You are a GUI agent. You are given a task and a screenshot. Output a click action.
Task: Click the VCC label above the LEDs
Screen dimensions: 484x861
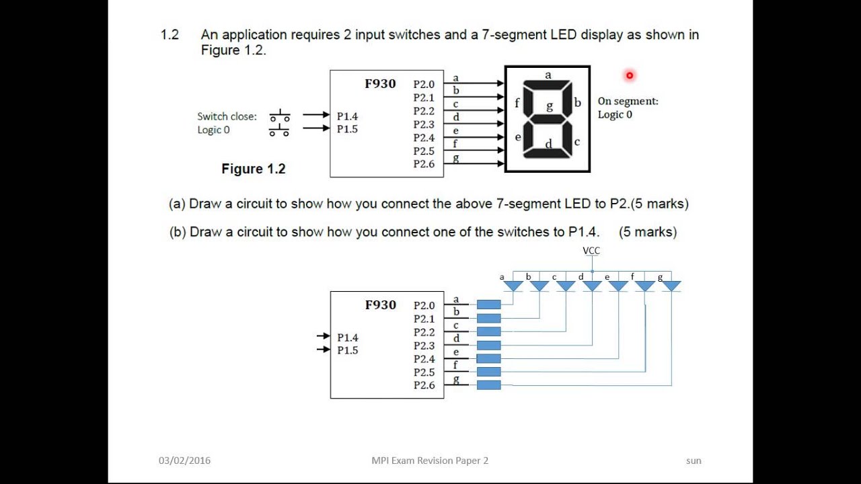pyautogui.click(x=591, y=251)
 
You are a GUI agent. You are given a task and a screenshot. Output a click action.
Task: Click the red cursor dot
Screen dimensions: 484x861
pyautogui.click(x=630, y=75)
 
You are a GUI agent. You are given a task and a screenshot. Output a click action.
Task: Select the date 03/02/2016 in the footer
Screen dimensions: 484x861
pyautogui.click(x=184, y=460)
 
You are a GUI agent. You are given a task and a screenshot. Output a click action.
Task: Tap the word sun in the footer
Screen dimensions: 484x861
pyautogui.click(x=694, y=460)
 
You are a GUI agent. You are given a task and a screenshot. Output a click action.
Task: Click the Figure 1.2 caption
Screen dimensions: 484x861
pyautogui.click(x=254, y=169)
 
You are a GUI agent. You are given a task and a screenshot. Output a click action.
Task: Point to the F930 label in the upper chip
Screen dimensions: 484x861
pyautogui.click(x=380, y=84)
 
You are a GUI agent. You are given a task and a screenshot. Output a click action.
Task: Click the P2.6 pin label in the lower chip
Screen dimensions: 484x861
pyautogui.click(x=424, y=385)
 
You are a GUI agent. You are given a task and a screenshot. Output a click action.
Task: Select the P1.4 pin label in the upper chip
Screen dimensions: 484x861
pyautogui.click(x=347, y=116)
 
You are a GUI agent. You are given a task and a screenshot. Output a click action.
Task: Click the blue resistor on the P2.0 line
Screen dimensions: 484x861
pyautogui.click(x=489, y=305)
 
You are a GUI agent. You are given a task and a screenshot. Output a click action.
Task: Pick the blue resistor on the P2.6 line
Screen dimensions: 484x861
pyautogui.click(x=489, y=385)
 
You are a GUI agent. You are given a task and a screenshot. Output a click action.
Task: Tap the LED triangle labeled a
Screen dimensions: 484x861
pyautogui.click(x=513, y=286)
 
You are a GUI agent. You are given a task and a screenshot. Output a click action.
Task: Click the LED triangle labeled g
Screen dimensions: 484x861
pyautogui.click(x=671, y=286)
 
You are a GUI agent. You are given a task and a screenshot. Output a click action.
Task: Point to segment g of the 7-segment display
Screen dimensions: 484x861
pyautogui.click(x=548, y=116)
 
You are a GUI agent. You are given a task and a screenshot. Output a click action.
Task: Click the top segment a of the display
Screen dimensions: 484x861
pyautogui.click(x=548, y=85)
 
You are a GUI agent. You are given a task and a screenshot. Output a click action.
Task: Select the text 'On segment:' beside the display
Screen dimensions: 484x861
pyautogui.click(x=628, y=102)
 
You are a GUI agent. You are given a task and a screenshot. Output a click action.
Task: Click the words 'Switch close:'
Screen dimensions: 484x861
pyautogui.click(x=227, y=116)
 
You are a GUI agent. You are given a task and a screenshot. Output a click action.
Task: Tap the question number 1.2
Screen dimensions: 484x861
pyautogui.click(x=170, y=35)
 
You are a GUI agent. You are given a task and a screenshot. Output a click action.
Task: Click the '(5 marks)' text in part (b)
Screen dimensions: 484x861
pyautogui.click(x=648, y=232)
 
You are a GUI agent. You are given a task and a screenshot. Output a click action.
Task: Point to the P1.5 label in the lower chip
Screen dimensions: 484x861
pyautogui.click(x=347, y=350)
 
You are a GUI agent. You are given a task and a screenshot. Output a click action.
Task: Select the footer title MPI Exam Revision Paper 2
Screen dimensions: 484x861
pyautogui.click(x=430, y=460)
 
